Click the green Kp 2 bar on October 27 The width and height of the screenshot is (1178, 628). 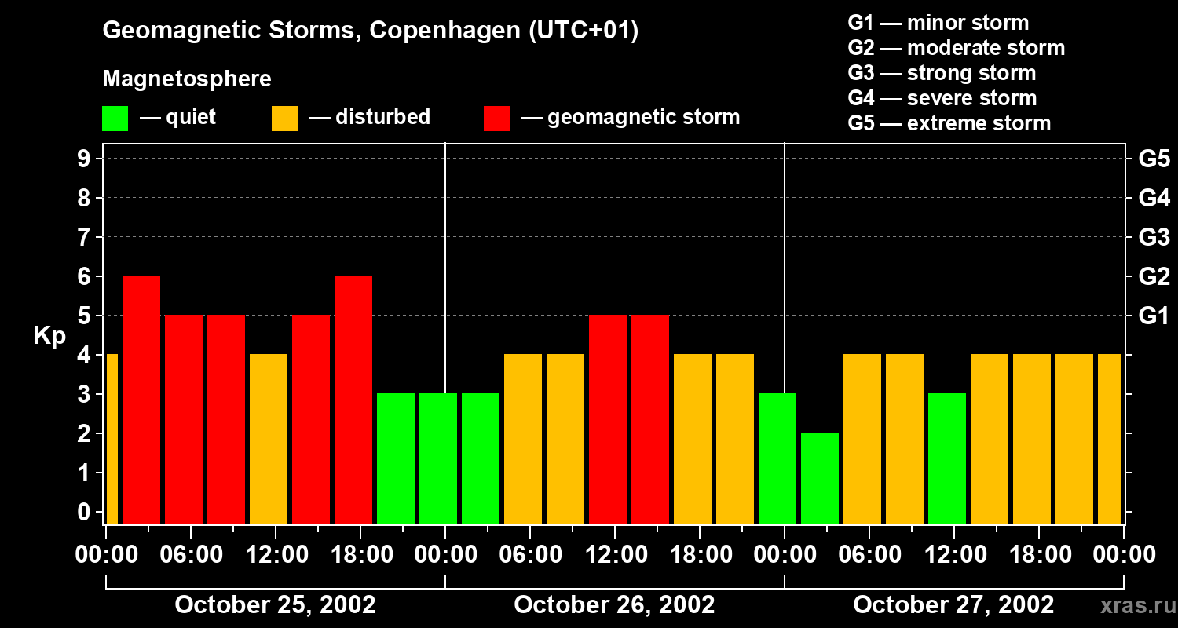[x=820, y=478]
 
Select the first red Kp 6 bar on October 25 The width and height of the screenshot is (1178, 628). [x=141, y=400]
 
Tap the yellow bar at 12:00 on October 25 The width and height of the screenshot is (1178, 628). [x=269, y=439]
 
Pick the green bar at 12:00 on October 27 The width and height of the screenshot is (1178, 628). [x=947, y=458]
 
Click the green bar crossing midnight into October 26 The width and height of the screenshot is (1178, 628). [x=438, y=458]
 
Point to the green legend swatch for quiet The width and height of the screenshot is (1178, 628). [x=115, y=119]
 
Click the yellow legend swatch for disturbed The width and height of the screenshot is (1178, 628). [x=285, y=119]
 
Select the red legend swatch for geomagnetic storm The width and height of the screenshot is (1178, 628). [x=497, y=119]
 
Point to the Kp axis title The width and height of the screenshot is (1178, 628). [x=49, y=336]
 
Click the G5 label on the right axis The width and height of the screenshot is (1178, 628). [x=1154, y=159]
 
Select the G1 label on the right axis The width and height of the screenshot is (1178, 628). [x=1154, y=316]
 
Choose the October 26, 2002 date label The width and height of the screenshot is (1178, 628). [x=614, y=605]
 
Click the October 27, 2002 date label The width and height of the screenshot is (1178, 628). [x=953, y=605]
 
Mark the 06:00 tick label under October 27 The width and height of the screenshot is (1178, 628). [x=869, y=555]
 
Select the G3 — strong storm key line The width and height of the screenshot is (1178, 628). [x=942, y=73]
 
